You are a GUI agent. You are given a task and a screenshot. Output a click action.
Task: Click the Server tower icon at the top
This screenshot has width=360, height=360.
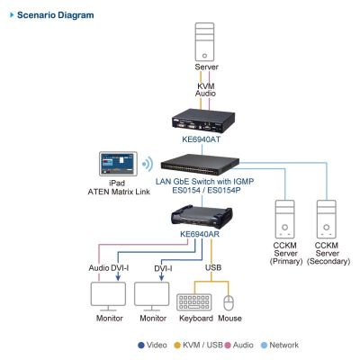[x=204, y=42]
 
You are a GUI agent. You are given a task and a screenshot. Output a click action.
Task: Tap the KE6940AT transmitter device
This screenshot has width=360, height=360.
[x=203, y=122]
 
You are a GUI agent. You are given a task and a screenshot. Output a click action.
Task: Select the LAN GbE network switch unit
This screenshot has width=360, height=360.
[x=200, y=165]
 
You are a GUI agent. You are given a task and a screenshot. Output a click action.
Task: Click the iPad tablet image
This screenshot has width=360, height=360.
[x=118, y=164]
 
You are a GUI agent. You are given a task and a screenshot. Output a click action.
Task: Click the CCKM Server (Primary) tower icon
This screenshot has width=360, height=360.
[x=284, y=220]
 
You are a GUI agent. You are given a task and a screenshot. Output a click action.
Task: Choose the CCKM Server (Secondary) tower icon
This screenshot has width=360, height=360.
[x=327, y=220]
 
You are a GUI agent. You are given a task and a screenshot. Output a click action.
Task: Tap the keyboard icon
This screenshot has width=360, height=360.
[x=194, y=302]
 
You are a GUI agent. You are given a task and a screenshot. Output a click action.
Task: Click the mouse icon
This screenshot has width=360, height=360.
[x=229, y=303]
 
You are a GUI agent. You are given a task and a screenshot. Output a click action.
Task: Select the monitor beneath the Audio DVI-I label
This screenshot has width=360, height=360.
[x=108, y=296]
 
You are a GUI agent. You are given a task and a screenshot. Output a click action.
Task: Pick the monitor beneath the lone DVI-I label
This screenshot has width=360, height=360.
[x=151, y=296]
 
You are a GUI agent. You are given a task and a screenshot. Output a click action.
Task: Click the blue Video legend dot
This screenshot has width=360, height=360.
[x=141, y=346]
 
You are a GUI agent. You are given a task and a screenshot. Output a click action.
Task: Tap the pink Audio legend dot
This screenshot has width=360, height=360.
[x=228, y=346]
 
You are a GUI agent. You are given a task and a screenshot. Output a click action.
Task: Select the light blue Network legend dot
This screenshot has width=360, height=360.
[x=264, y=346]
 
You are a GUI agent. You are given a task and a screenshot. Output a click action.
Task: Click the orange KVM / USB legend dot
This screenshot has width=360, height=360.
[x=177, y=346]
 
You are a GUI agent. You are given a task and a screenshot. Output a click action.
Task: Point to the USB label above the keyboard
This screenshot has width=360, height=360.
[x=213, y=267]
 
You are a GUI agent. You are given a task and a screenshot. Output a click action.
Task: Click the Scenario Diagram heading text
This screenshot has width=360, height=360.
[x=56, y=15]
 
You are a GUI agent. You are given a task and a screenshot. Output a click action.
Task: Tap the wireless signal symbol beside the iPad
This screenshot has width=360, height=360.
[x=148, y=164]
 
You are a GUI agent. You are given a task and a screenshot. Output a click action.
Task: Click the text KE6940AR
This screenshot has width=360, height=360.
[x=200, y=234]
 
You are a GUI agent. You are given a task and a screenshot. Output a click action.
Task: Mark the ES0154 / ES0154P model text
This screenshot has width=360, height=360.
[x=206, y=190]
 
